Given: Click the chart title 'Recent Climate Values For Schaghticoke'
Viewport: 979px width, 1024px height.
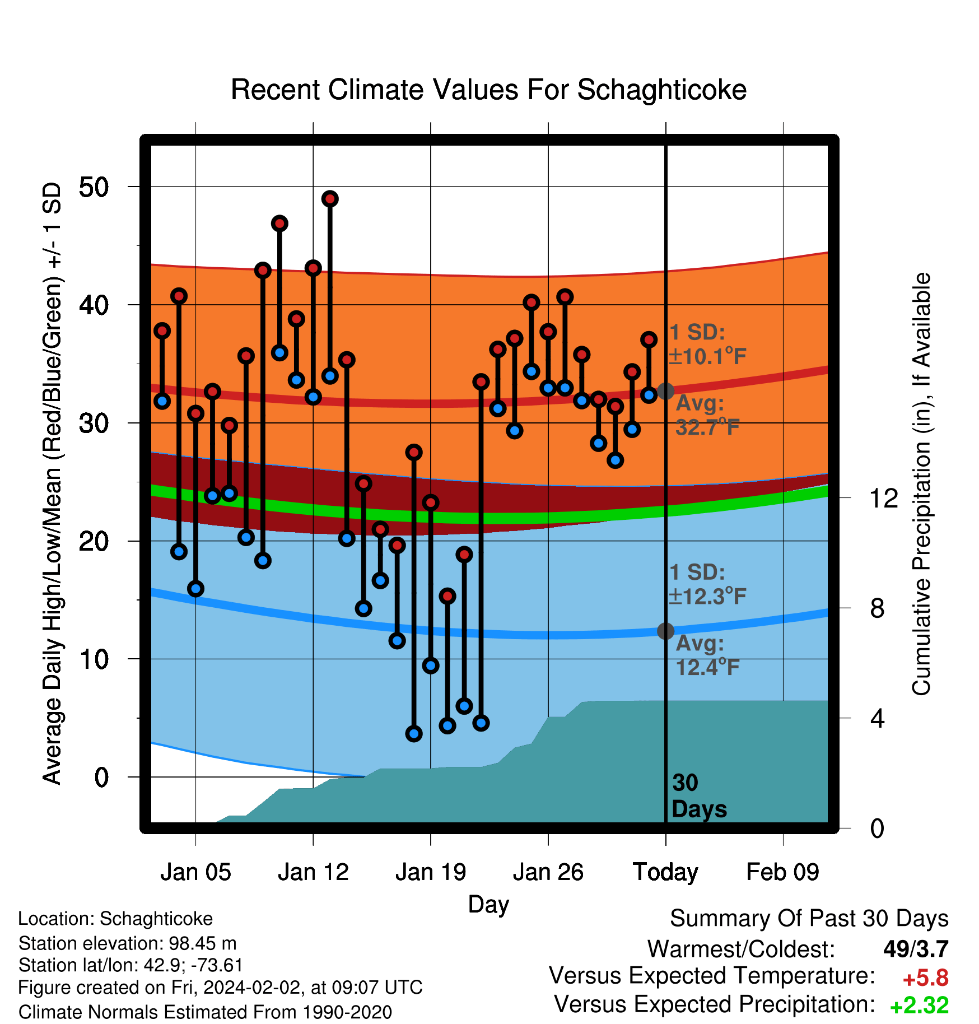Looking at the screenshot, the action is coord(488,90).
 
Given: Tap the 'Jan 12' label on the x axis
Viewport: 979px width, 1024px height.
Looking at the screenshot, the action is coord(313,872).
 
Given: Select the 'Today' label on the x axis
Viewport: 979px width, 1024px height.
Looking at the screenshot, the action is coord(665,872).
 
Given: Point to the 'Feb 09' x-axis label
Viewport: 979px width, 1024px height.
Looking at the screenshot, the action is coord(782,872).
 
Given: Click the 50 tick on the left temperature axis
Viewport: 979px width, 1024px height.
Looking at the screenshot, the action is coord(94,187).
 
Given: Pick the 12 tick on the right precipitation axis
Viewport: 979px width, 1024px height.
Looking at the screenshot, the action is coord(883,498).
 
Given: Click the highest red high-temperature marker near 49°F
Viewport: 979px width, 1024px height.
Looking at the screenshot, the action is coord(330,199).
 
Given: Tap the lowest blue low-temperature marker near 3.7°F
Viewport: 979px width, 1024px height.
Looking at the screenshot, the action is coord(414,733).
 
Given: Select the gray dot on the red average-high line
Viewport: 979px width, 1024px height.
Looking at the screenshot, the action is coord(665,391).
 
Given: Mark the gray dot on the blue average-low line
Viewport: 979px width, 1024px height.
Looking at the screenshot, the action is coord(665,631).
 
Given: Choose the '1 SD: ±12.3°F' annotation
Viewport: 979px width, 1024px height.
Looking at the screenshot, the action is coord(707,584).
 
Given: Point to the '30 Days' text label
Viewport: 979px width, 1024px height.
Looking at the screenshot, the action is coord(699,796).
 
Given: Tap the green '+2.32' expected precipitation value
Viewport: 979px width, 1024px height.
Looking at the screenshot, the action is coord(920,1006).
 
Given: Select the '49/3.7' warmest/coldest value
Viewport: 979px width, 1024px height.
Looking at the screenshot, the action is coord(916,949).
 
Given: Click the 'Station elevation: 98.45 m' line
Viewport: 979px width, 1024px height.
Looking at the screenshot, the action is coord(128,943).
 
